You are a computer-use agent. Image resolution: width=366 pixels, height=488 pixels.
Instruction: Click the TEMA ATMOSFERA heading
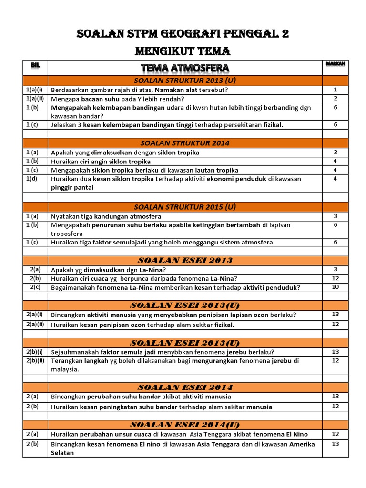[x=185, y=69]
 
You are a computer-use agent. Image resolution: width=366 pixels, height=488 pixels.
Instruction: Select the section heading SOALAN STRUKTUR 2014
[x=185, y=143]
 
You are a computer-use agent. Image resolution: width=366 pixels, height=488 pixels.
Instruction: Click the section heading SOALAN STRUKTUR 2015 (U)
[x=185, y=207]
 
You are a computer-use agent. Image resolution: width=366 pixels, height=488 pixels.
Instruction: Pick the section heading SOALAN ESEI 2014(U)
[x=185, y=425]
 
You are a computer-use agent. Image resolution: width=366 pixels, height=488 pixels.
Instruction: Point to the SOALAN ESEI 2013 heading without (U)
[x=185, y=260]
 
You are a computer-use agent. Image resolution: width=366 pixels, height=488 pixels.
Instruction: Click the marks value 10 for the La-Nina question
[x=335, y=287]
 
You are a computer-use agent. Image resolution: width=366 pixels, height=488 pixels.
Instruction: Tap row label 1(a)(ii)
[x=35, y=98]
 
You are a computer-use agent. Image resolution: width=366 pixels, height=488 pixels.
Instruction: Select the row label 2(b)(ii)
[x=35, y=361]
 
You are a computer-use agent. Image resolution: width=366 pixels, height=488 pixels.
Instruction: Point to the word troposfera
[x=67, y=234]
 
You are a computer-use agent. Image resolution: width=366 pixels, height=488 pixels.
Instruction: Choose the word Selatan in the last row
[x=62, y=453]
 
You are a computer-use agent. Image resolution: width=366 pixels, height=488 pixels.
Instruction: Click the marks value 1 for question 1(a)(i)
[x=335, y=90]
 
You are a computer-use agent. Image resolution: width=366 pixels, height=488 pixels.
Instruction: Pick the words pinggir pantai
[x=72, y=187]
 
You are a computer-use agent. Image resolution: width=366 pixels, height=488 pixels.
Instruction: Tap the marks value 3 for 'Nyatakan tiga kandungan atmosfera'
[x=335, y=216]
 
